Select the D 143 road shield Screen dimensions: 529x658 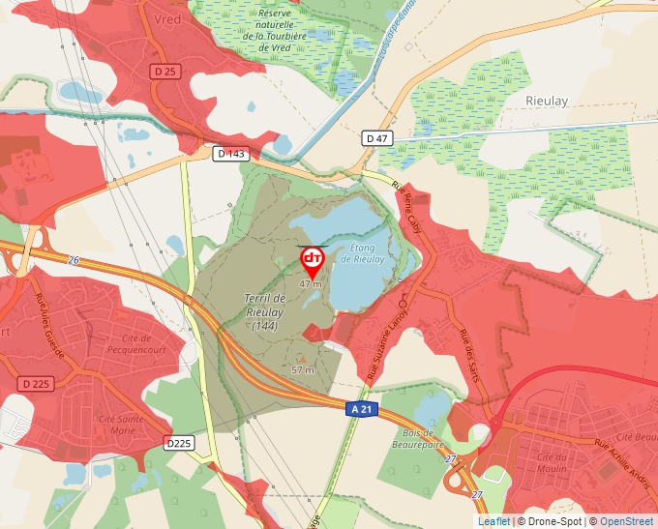click(x=232, y=154)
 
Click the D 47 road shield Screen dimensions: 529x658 click(x=377, y=138)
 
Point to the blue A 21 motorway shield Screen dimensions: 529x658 click(x=361, y=409)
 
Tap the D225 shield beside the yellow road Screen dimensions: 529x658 click(x=179, y=443)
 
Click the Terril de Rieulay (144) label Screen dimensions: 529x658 click(x=265, y=312)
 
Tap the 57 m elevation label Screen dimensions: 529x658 click(x=304, y=370)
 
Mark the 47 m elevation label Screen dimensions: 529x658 click(x=310, y=284)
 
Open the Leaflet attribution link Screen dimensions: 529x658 click(x=493, y=521)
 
